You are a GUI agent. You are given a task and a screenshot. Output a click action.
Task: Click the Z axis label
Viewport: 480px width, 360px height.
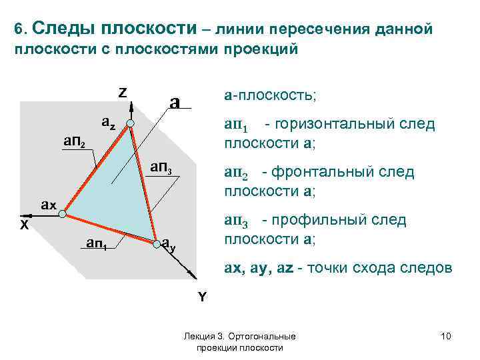[123, 92]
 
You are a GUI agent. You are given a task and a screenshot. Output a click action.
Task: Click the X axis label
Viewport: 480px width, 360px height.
[24, 225]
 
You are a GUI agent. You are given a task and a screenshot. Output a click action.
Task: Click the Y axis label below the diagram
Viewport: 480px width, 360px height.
[201, 297]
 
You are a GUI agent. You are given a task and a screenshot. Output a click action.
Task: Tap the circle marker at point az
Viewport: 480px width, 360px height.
[131, 124]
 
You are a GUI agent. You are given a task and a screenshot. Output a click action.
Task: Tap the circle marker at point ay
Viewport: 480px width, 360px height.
[157, 242]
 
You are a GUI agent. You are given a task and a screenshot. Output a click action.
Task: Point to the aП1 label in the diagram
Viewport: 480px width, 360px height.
[99, 243]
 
